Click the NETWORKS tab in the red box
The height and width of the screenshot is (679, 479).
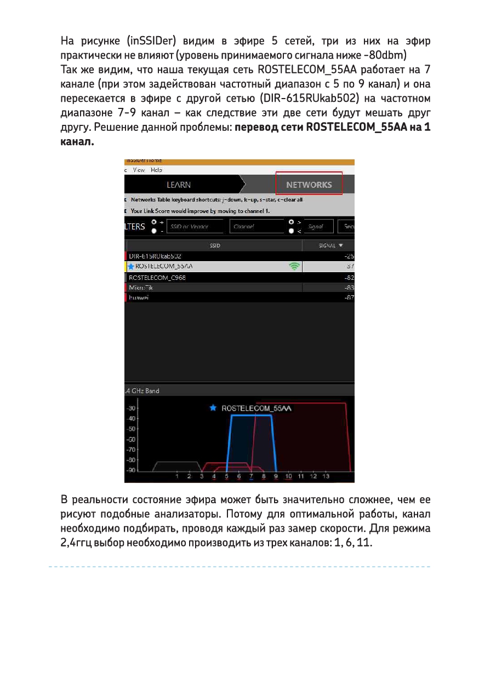pos(309,185)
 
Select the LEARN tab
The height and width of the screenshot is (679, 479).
pos(179,185)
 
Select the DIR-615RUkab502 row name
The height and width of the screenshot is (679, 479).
pos(155,256)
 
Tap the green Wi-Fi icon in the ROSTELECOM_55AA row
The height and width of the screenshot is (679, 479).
pos(295,267)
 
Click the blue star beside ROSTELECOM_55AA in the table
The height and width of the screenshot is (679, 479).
pos(131,267)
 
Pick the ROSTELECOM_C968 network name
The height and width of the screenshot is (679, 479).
pos(157,278)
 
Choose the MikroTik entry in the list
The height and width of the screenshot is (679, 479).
pos(141,287)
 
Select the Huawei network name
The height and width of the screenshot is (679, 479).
pos(139,297)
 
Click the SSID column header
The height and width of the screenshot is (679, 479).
pos(215,246)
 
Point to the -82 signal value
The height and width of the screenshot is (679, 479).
pos(349,278)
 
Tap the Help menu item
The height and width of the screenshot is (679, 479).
pos(156,170)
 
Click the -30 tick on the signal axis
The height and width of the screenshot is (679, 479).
pos(132,408)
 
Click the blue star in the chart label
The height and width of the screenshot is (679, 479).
pos(213,408)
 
